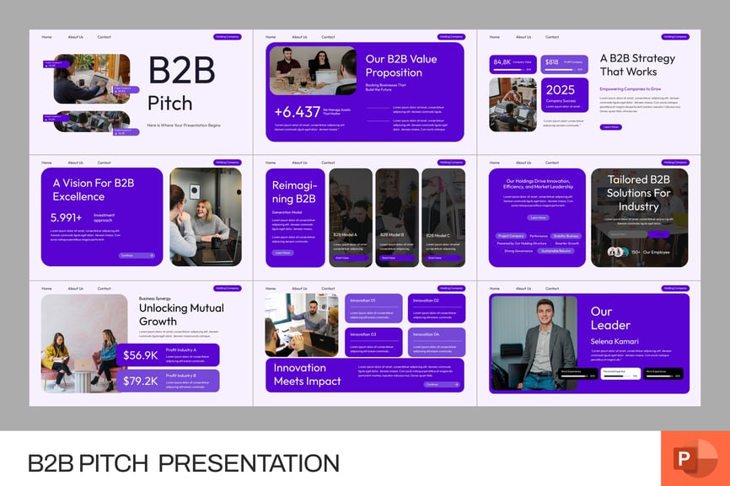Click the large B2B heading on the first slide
pos(181,71)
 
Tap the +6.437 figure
pos(297,111)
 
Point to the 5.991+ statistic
pos(67,217)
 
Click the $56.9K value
pos(140,355)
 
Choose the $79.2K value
pos(140,381)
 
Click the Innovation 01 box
pos(373,308)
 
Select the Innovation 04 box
pos(436,341)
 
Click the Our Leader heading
pos(610,318)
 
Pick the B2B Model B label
pos(392,235)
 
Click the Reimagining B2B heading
pos(293,192)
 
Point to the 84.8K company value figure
pos(502,61)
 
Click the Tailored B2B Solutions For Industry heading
pos(639,193)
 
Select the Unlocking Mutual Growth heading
pos(181,314)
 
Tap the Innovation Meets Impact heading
pos(307,375)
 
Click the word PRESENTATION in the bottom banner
pos(249,462)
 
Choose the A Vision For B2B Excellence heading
pos(94,190)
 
